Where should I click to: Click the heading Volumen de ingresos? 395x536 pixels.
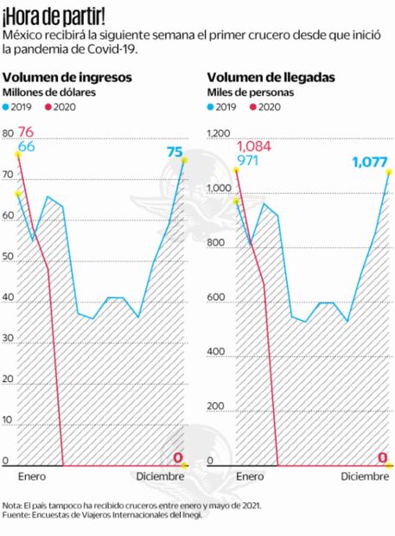point(67,77)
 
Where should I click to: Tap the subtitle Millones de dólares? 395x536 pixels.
point(48,92)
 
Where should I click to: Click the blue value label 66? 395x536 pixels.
point(26,147)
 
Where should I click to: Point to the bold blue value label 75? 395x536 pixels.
point(175,152)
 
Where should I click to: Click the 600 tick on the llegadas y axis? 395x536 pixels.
point(215,299)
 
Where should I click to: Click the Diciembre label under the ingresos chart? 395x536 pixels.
point(160,476)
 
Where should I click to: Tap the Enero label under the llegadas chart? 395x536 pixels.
point(249,476)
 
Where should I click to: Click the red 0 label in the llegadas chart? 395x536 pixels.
point(381,457)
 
